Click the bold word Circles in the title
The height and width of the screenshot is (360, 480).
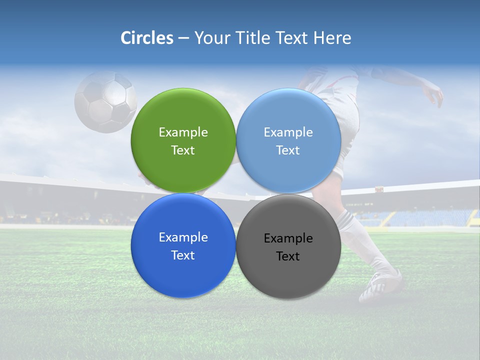coord(147,38)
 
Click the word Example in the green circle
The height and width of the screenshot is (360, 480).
coord(183,132)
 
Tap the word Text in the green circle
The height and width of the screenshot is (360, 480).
coord(183,150)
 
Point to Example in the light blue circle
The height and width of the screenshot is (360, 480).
coord(288,132)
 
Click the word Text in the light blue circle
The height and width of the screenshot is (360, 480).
coord(288,150)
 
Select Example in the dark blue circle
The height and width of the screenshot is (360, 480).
coord(183,237)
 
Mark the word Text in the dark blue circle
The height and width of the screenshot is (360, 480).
coord(183,255)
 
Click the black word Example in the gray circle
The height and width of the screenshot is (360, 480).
coord(288,238)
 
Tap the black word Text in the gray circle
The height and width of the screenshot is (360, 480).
coord(288,256)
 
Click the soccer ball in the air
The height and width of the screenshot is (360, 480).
coord(105,102)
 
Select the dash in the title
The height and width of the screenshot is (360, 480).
coord(183,38)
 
